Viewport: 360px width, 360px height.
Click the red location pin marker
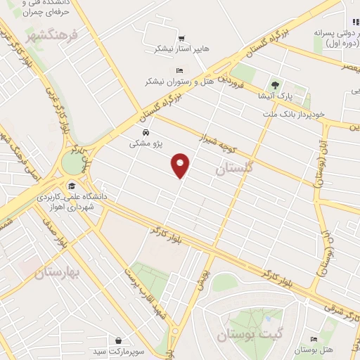pos(181,165)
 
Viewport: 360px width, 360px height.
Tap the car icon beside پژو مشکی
pos(145,132)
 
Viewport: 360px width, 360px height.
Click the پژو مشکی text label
pos(146,143)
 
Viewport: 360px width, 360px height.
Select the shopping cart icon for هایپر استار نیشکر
pos(181,38)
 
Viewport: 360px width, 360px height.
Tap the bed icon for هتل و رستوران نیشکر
pos(179,70)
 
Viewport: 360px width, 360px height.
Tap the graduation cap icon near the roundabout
pos(71,186)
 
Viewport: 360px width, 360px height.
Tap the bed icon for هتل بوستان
pos(312,340)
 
